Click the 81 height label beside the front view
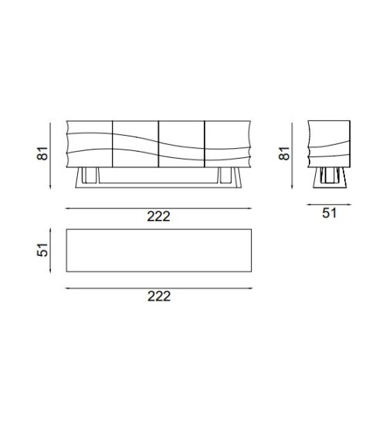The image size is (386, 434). point(42,153)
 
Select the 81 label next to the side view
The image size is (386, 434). point(284,153)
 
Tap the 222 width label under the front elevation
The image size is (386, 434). point(158,216)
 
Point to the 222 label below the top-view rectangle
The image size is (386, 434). point(159,296)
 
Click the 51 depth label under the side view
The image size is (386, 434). point(329,213)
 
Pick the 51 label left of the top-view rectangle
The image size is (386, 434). point(42,250)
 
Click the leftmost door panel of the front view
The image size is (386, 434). point(90,144)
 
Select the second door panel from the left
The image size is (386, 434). point(136,144)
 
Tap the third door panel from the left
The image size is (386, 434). point(181,144)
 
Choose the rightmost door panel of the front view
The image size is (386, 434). point(228,144)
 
